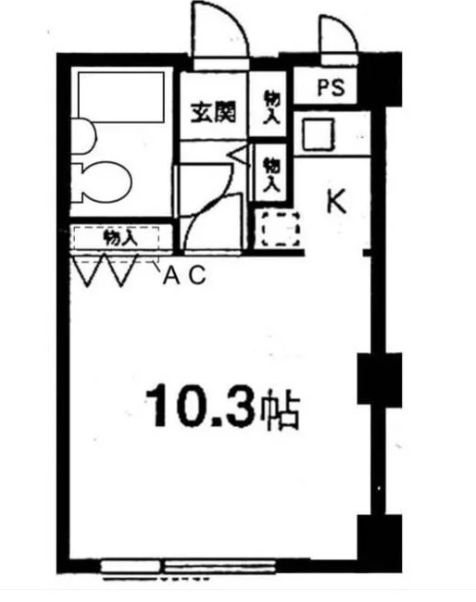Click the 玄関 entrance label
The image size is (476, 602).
[x=213, y=112]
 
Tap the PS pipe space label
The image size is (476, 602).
[x=332, y=88]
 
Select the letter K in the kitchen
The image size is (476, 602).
[x=337, y=201]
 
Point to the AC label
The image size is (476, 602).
[x=184, y=275]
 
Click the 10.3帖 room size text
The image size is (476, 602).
[x=222, y=405]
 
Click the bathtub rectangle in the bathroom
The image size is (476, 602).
[x=121, y=96]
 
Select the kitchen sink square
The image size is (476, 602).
[x=319, y=134]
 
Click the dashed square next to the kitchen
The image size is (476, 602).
[x=281, y=229]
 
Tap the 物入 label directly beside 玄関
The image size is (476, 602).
[x=271, y=107]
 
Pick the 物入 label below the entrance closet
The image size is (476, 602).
[x=271, y=174]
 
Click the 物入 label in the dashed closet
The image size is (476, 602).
[x=120, y=238]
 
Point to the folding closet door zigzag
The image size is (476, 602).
[x=105, y=270]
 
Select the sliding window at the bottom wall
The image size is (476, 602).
[x=188, y=567]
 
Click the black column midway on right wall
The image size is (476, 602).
[x=380, y=379]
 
